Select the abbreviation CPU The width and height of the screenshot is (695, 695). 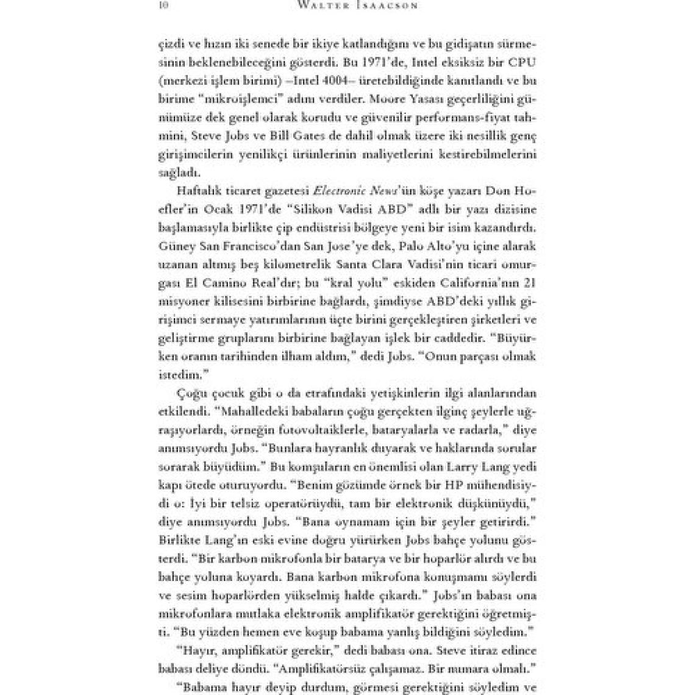click(521, 62)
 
